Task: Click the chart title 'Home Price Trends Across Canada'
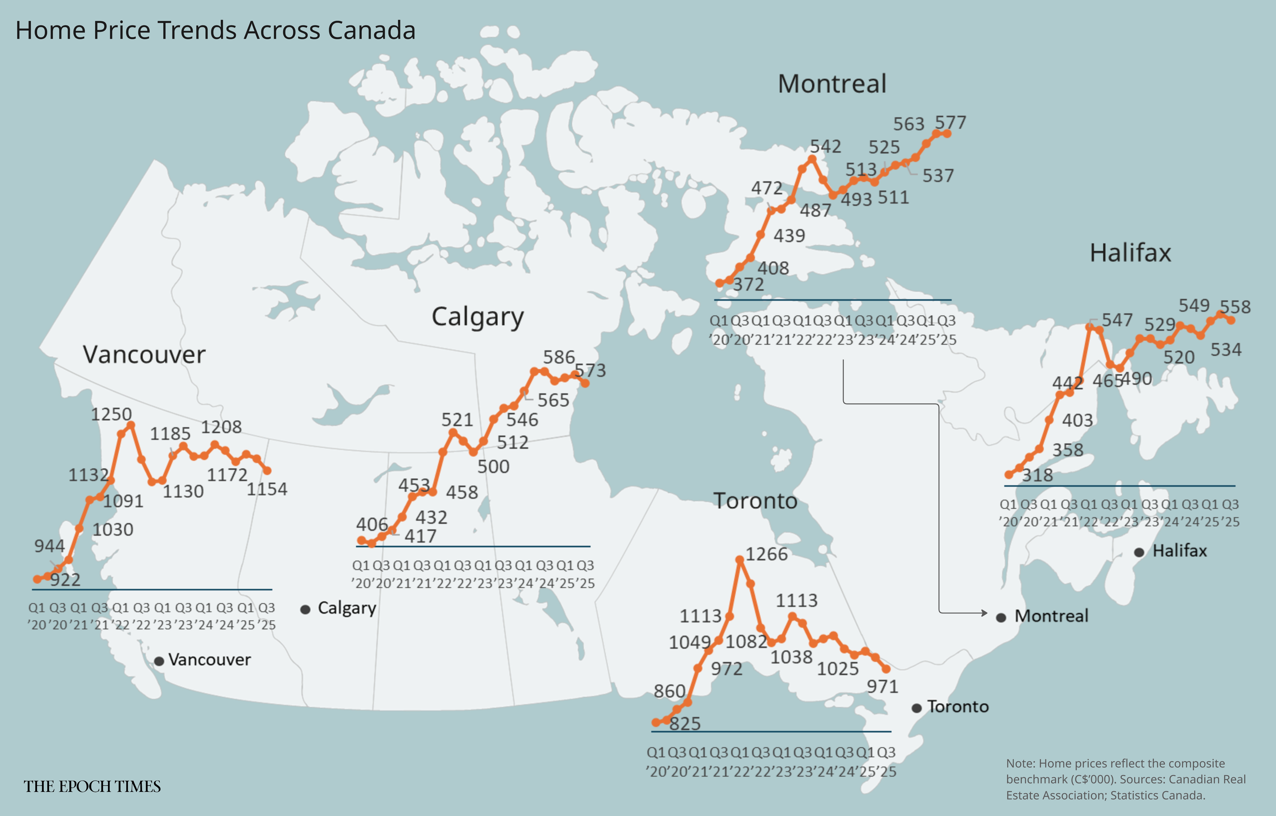coord(215,30)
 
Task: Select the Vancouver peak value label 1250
coord(111,414)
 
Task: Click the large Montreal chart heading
coord(832,84)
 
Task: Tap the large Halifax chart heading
coord(1130,253)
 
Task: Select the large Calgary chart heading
coord(477,317)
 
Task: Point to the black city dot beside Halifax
coord(1139,552)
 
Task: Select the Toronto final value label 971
coord(882,687)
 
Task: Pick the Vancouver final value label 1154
coord(267,489)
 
